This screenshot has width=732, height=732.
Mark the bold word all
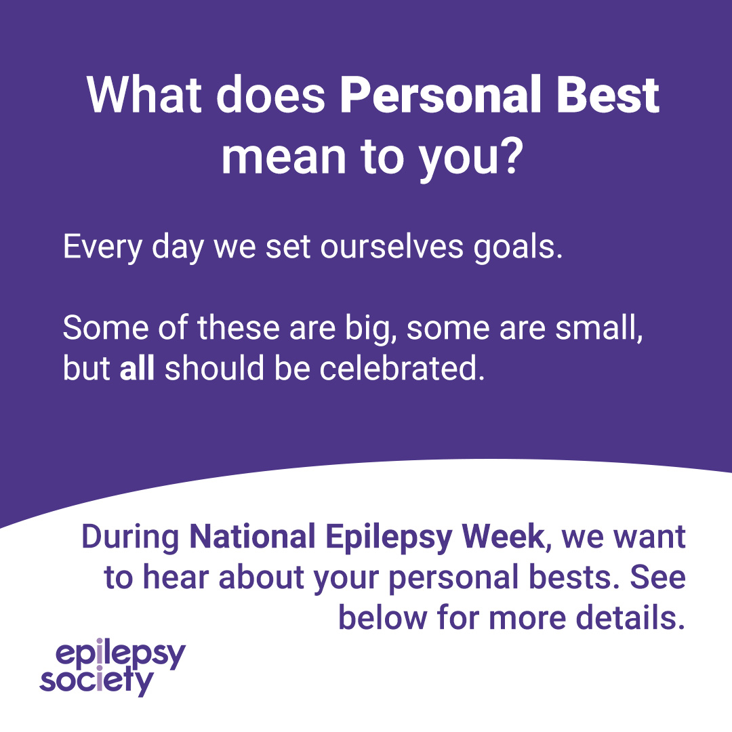(x=138, y=369)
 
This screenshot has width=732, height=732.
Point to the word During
(x=130, y=537)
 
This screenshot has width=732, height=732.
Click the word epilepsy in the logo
(x=121, y=656)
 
